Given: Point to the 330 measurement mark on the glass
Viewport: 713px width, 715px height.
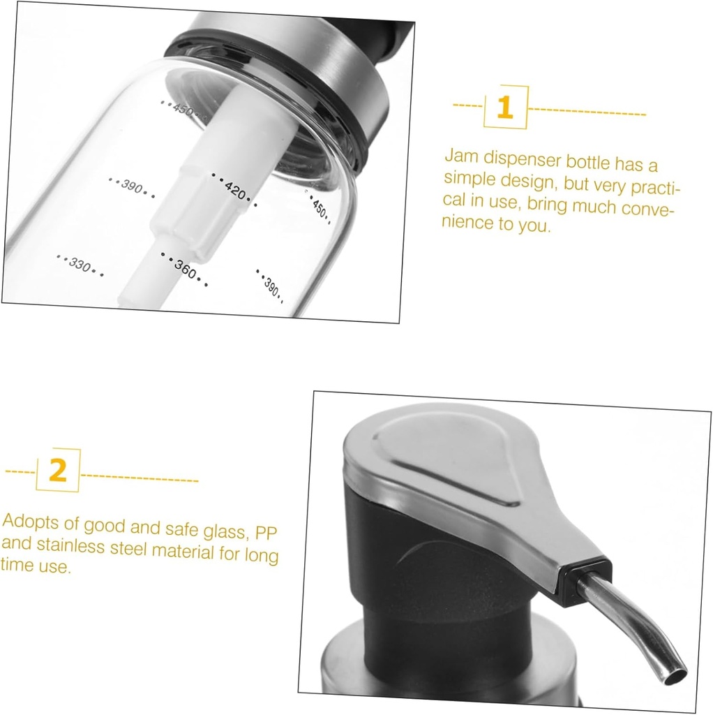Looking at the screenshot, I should click(80, 265).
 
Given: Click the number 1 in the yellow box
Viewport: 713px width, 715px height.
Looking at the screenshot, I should click(505, 108).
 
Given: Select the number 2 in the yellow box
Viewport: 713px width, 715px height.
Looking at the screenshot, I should click(57, 471).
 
